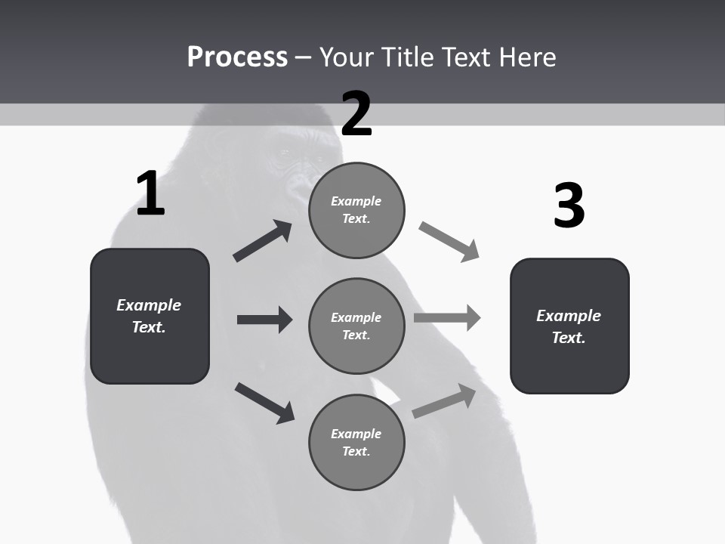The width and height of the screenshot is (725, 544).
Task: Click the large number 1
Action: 150,193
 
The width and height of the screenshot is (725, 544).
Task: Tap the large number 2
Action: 356,113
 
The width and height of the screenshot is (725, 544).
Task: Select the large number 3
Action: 569,206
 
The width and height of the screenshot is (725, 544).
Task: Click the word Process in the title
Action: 237,57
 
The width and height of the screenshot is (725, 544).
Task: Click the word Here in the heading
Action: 526,57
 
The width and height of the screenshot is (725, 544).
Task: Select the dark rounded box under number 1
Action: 150,316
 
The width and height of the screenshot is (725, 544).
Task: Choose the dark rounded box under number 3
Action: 569,326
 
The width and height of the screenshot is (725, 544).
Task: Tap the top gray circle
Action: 356,209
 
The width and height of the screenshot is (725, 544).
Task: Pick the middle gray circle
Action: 356,326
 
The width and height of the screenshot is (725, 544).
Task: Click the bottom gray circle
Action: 356,442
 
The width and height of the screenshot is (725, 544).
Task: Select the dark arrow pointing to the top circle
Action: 263,241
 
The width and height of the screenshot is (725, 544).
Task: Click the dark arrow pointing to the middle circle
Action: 264,320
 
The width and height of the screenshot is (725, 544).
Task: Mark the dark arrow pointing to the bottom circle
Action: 264,403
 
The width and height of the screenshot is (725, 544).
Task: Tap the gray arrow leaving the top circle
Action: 449,242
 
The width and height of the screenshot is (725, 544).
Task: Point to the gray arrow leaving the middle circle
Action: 447,317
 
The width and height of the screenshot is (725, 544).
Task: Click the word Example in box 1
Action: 149,305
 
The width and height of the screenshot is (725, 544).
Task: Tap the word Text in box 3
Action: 568,338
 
